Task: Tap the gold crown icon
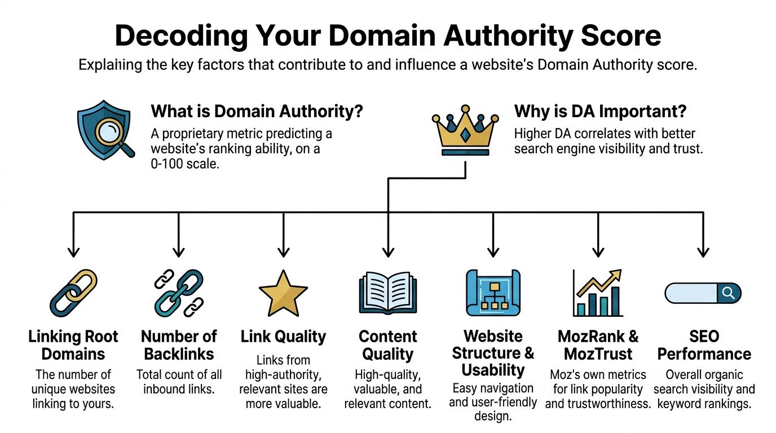click(x=465, y=131)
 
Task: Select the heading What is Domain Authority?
click(x=257, y=112)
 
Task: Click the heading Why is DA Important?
click(x=600, y=112)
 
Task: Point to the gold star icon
click(x=283, y=293)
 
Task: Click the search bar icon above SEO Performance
click(x=703, y=293)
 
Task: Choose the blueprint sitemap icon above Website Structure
click(x=493, y=293)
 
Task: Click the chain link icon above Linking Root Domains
click(x=73, y=293)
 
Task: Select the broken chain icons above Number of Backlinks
click(x=178, y=293)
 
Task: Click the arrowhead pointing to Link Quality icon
click(x=283, y=251)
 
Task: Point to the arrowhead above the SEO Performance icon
click(x=703, y=251)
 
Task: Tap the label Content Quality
click(x=387, y=345)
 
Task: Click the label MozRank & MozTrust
click(x=598, y=345)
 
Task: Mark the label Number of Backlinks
click(x=178, y=345)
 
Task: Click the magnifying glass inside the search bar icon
click(x=728, y=293)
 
